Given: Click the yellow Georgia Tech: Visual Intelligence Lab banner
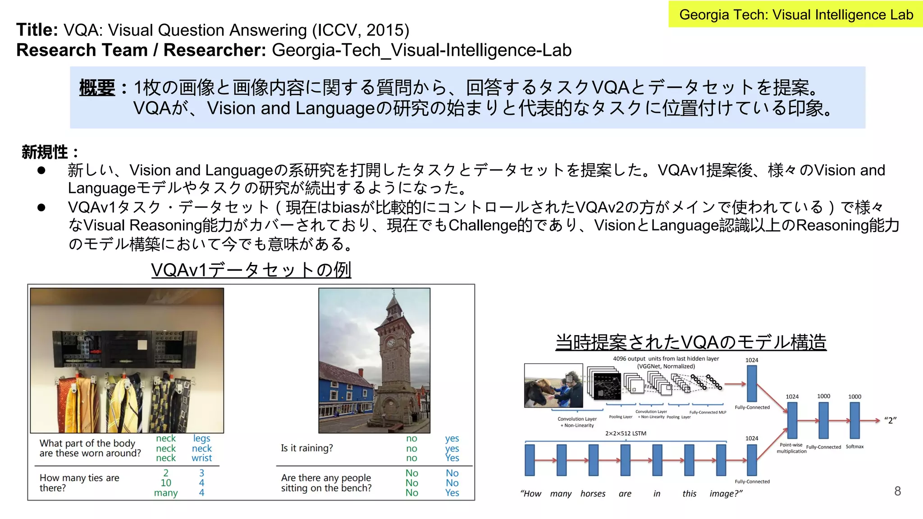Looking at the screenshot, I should [795, 14].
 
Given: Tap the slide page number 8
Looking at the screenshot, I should [897, 491].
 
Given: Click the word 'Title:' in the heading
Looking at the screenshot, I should [37, 30].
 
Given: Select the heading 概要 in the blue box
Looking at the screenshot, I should [97, 87].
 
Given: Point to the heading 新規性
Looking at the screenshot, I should [45, 152].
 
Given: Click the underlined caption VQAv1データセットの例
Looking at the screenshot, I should [251, 270].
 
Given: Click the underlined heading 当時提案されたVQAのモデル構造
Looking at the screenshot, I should [691, 342].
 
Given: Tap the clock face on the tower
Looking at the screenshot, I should [390, 343].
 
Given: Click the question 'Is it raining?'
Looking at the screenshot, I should [307, 448].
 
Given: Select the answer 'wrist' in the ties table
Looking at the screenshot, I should [201, 458].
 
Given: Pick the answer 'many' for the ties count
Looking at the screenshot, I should [166, 493].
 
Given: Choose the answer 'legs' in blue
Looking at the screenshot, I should [201, 438].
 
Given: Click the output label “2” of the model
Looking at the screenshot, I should [890, 420].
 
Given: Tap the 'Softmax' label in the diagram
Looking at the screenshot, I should [854, 446].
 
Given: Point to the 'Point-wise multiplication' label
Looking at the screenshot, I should [791, 448].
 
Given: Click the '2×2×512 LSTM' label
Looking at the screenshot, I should [626, 433].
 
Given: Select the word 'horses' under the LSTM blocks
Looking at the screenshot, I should [593, 494].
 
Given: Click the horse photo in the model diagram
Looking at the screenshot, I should [553, 386].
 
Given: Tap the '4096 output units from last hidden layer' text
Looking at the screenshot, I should [666, 359].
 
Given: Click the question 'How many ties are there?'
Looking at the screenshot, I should [79, 483].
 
